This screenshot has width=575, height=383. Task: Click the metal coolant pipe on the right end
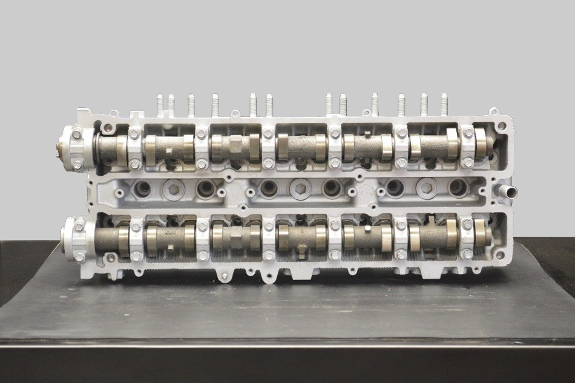507,193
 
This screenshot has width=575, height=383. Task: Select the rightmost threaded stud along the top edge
444,104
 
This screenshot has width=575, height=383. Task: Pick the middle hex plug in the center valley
297,187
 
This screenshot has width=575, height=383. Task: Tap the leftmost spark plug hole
142,188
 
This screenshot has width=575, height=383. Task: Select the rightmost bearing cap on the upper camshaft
468,147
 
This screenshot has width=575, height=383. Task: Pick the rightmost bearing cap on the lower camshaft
467,239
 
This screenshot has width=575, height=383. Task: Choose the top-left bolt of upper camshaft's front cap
77,133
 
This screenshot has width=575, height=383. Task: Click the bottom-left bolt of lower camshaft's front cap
79,256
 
